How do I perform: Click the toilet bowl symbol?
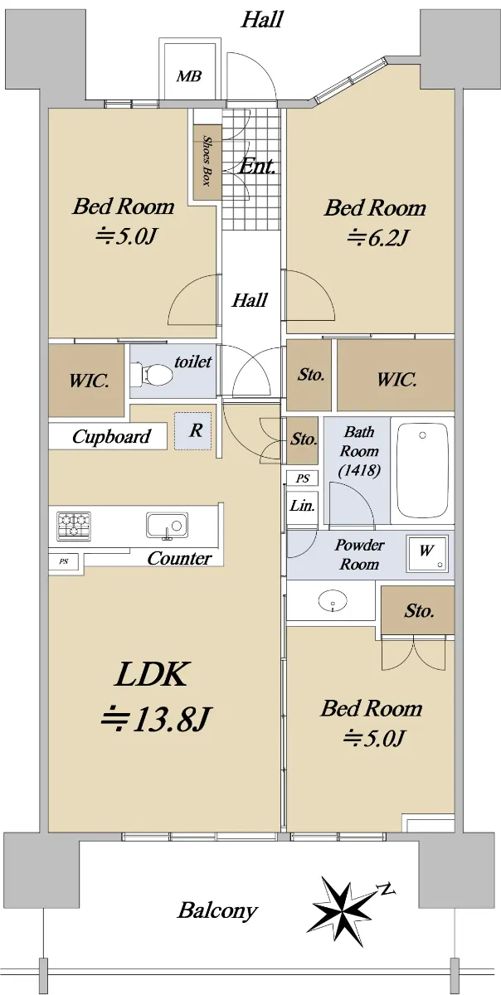tap(152, 375)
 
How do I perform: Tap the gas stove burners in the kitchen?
tap(74, 526)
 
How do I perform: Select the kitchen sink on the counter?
tap(167, 526)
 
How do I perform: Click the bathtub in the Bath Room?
tap(422, 470)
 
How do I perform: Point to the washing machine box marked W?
tap(426, 553)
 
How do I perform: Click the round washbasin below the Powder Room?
tap(333, 600)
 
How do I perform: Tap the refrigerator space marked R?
tap(193, 431)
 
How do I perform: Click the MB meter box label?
tap(189, 76)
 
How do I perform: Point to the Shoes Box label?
tap(207, 161)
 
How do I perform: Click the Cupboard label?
tap(111, 437)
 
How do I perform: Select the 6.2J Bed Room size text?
tap(377, 238)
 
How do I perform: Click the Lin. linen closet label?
tap(302, 506)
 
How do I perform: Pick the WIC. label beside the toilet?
tap(89, 381)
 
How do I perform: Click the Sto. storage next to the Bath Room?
tap(304, 439)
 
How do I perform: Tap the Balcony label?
tap(217, 910)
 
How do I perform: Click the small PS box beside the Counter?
tap(64, 561)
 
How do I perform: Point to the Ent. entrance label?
tap(257, 167)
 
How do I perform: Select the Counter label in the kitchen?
tap(179, 558)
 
